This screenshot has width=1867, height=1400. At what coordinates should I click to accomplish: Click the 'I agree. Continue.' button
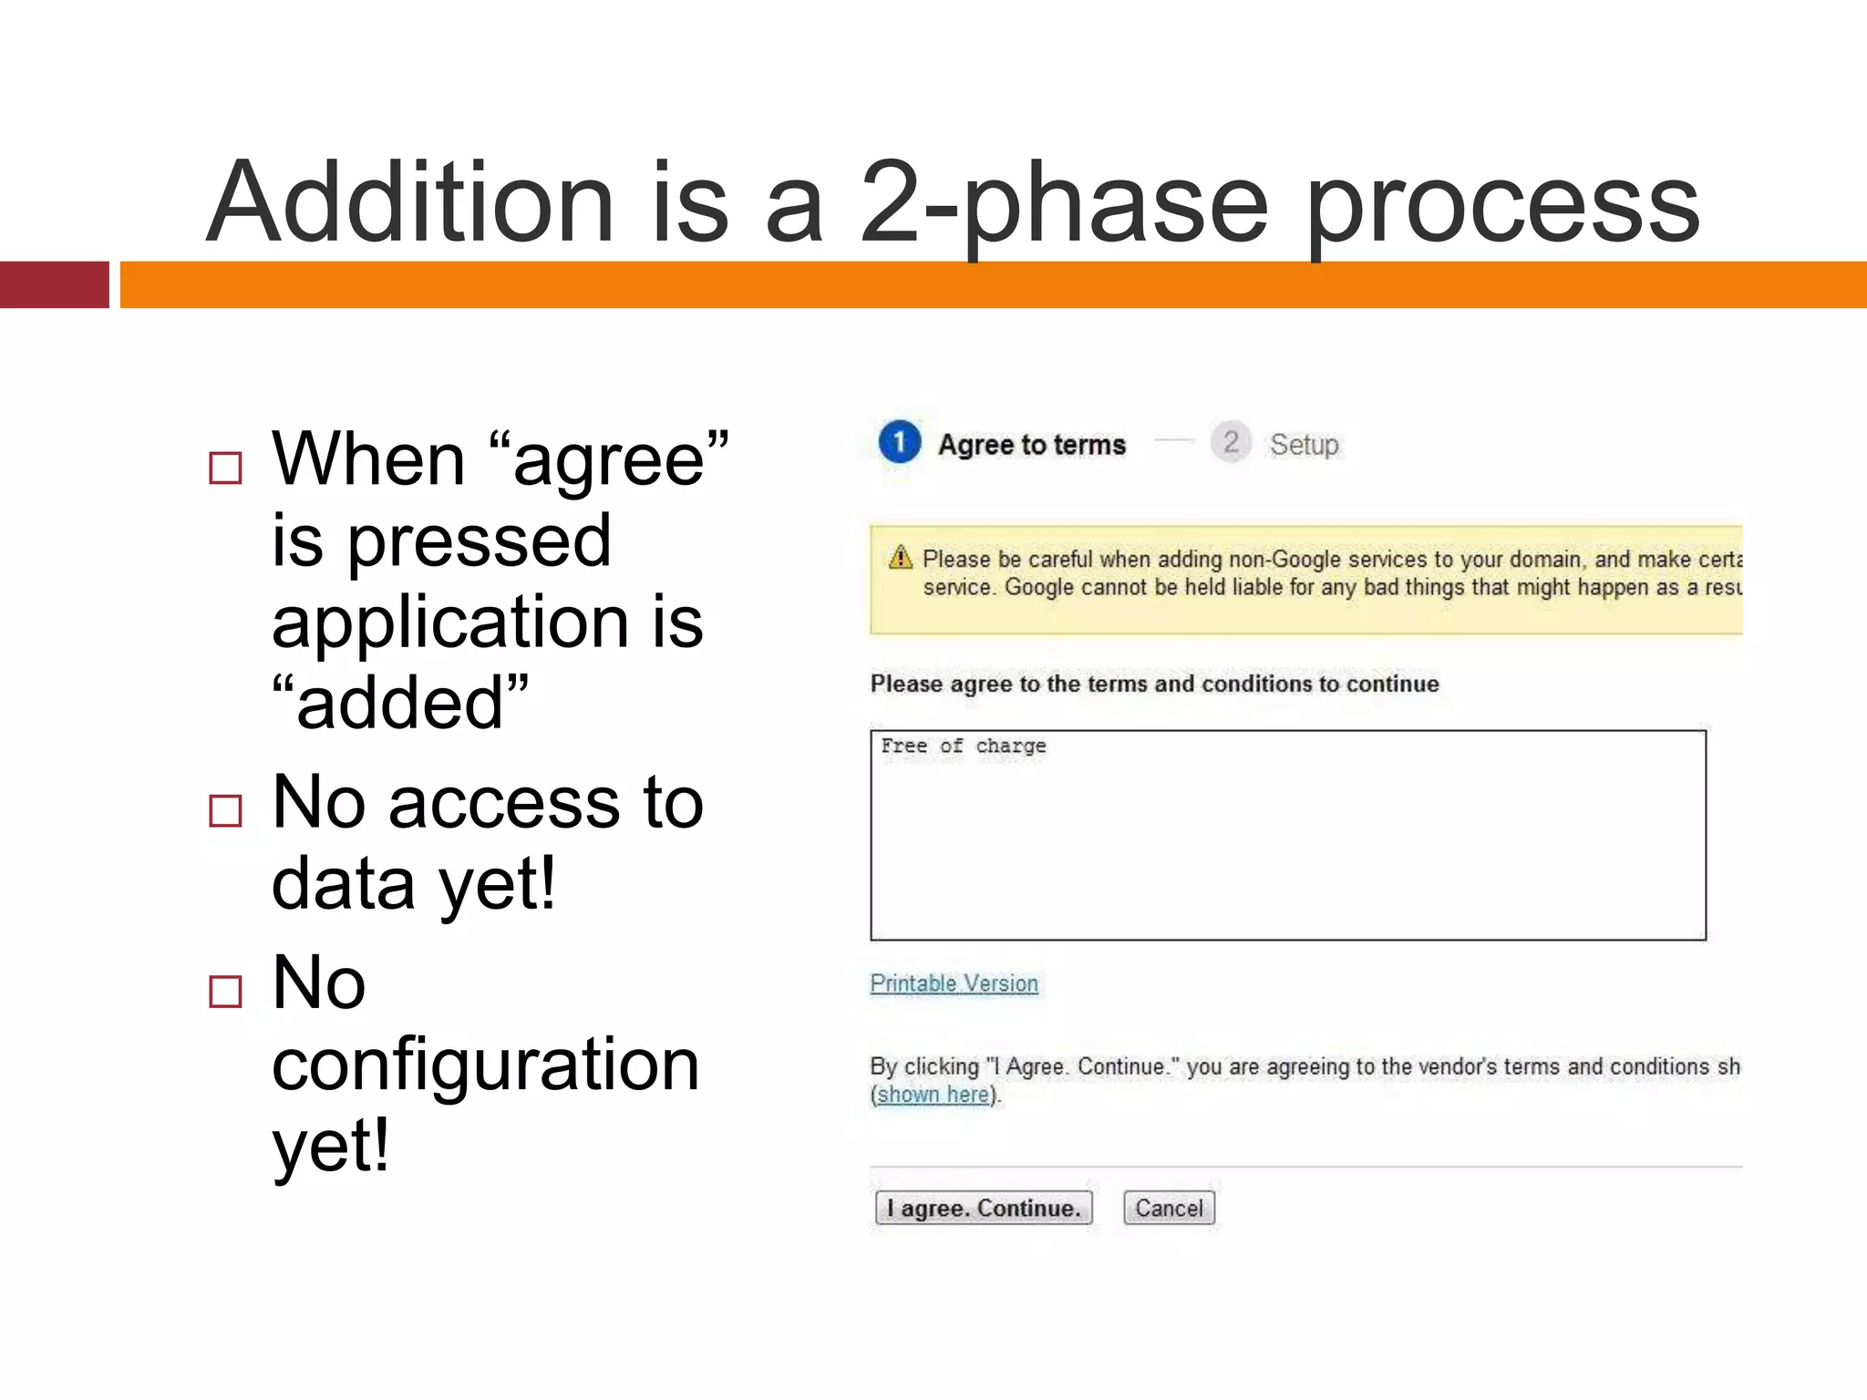(x=983, y=1208)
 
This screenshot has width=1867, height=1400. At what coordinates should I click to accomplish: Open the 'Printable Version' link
(x=954, y=983)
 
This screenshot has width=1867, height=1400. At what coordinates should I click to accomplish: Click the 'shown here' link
(x=933, y=1094)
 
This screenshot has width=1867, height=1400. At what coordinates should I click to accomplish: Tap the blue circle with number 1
(x=900, y=442)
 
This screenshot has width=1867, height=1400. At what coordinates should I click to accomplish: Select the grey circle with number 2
(x=1231, y=442)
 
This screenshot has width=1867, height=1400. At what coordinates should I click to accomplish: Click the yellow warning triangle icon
(x=901, y=557)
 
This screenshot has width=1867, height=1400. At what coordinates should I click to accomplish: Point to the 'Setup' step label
(x=1304, y=445)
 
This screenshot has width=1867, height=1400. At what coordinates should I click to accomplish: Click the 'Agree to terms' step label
(x=1032, y=445)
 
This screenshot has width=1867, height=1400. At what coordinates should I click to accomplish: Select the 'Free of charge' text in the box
(x=963, y=746)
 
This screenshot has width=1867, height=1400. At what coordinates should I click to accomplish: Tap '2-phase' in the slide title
(x=1063, y=202)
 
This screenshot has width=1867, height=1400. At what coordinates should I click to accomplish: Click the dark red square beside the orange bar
(x=54, y=284)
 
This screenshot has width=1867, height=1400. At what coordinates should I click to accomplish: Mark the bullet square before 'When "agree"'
(x=225, y=468)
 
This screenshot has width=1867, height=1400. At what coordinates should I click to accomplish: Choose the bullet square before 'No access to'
(x=225, y=810)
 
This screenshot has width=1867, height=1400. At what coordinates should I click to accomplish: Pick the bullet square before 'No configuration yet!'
(x=225, y=991)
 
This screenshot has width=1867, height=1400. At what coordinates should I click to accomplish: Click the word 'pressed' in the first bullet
(x=480, y=541)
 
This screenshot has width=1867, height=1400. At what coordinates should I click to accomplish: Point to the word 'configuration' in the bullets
(x=485, y=1064)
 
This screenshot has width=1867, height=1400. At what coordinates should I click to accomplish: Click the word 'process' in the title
(x=1502, y=202)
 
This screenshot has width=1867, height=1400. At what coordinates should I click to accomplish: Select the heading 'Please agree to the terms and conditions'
(x=1154, y=684)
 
